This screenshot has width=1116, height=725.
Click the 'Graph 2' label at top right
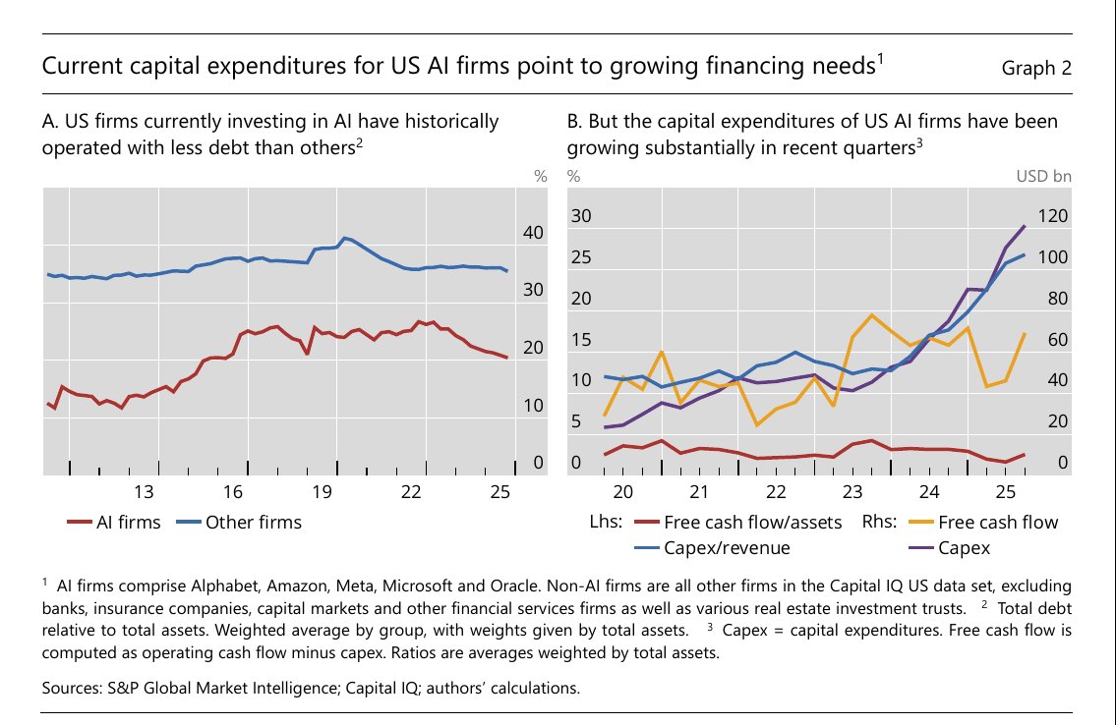[x=1035, y=68]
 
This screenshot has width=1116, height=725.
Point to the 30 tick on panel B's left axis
[x=582, y=216]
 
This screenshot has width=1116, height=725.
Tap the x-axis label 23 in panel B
[x=852, y=491]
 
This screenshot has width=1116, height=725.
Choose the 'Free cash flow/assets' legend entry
[x=753, y=522]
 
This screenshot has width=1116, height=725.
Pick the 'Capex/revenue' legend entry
[x=727, y=547]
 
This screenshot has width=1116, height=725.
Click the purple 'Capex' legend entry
[x=964, y=547]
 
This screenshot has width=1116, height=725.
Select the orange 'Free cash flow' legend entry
[x=998, y=522]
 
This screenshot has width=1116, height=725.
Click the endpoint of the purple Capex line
[x=1025, y=226]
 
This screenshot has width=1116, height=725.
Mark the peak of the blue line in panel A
[x=344, y=238]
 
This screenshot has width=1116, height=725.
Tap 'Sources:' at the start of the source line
[x=72, y=689]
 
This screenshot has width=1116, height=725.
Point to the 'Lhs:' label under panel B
[x=607, y=522]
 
